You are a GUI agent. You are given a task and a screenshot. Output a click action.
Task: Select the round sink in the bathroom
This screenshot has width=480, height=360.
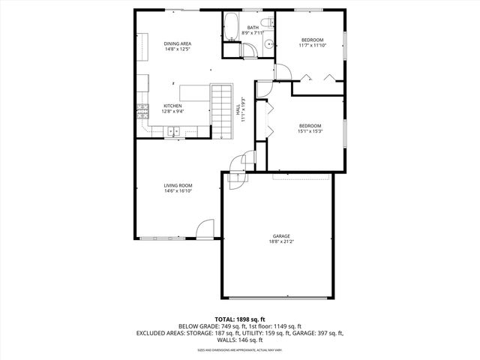click(266, 46)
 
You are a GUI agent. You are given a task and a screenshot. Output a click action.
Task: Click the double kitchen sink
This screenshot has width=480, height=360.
click(173, 132)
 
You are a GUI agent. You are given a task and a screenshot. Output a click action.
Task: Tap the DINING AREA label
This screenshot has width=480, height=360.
click(178, 44)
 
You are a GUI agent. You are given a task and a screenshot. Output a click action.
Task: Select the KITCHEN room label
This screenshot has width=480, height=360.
click(172, 106)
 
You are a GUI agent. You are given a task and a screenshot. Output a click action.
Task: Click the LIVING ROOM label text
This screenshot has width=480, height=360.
click(178, 185)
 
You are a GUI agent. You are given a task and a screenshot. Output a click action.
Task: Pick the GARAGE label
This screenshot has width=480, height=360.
click(281, 236)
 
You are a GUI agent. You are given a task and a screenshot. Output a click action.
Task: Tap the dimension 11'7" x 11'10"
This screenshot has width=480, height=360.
click(313, 46)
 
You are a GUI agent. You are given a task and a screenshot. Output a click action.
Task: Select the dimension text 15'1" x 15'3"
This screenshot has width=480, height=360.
click(310, 131)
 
